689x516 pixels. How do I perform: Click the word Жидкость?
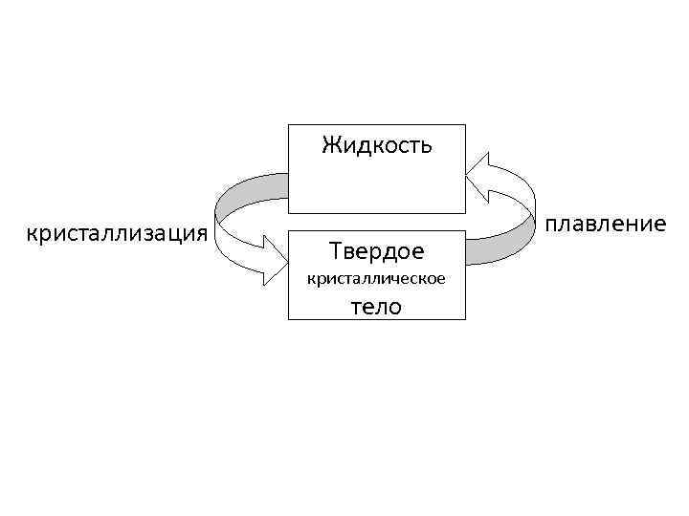376,145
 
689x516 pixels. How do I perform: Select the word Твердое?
376,250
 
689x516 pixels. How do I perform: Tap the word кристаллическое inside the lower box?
376,279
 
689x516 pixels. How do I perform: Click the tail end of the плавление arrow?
469,253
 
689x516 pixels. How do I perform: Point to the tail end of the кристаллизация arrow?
284,185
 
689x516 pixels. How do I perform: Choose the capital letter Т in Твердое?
335,250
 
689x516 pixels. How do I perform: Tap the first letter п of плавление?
551,225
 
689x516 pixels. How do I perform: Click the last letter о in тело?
396,307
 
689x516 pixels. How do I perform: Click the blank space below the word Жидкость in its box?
376,186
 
